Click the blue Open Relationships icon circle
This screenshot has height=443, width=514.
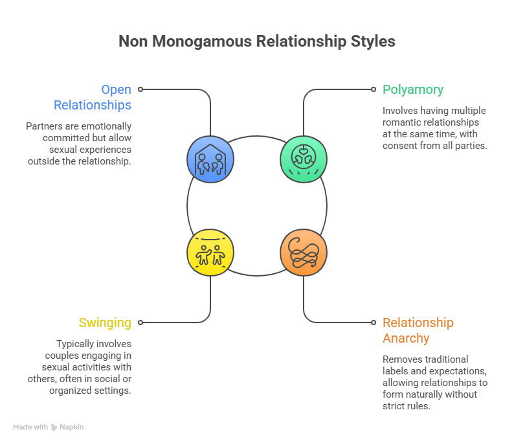pos(210,159)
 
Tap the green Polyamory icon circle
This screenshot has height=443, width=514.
pos(304,159)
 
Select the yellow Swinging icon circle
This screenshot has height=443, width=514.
pos(210,252)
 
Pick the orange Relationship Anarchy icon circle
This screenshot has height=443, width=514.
pos(304,252)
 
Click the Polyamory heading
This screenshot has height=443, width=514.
pos(413,89)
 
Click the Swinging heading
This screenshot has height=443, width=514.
pos(105,323)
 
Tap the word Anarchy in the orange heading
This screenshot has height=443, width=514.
pos(406,338)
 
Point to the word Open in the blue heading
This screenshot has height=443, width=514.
pos(116,89)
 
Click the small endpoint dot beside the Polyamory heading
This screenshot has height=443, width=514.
pos(374,89)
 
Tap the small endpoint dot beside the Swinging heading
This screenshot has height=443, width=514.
pos(140,322)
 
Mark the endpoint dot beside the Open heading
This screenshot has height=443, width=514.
pos(140,89)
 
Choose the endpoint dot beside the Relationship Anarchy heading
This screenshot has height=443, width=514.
pos(374,322)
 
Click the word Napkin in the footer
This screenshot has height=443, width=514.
pos(73,427)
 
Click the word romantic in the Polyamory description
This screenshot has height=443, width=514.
pos(402,122)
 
